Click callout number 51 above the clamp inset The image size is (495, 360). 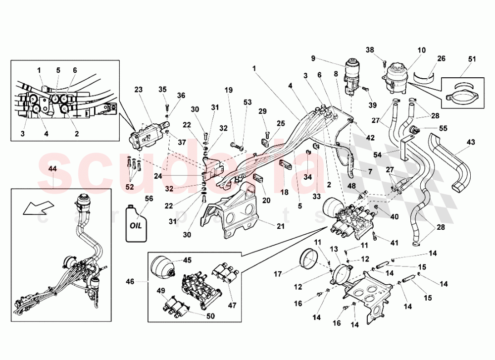pos(472,59)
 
